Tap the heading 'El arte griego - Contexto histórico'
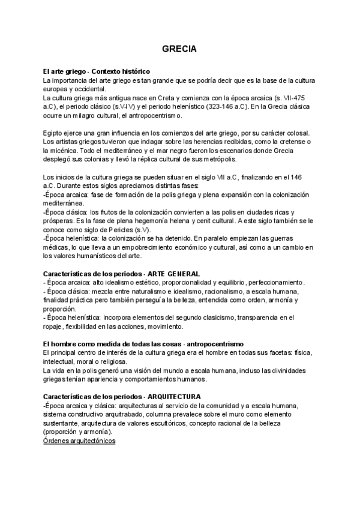tap(97, 71)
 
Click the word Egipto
tap(55, 133)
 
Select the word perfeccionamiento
tap(277, 283)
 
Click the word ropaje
tap(55, 327)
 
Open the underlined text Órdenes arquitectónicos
tap(80, 441)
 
